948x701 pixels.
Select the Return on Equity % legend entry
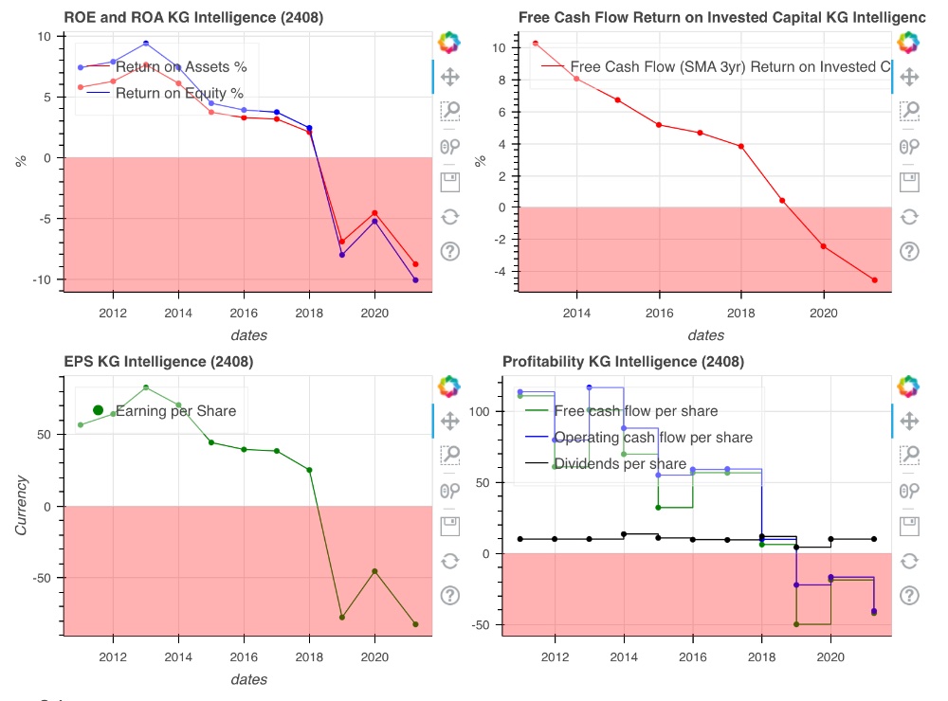click(x=179, y=93)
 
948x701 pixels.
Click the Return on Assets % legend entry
click(x=180, y=66)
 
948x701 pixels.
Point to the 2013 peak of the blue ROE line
click(x=146, y=43)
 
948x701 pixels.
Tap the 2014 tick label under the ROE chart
click(x=179, y=313)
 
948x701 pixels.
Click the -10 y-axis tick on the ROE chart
click(x=45, y=279)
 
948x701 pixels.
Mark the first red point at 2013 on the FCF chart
click(x=536, y=44)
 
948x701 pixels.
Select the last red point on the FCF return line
click(x=874, y=280)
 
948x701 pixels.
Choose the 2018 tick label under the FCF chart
click(x=741, y=313)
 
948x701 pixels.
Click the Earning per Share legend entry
click(x=175, y=410)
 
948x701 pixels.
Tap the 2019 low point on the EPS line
click(x=341, y=618)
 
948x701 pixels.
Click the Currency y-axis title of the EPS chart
click(x=21, y=506)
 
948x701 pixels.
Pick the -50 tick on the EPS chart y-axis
click(x=42, y=578)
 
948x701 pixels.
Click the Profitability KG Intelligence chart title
click(x=623, y=362)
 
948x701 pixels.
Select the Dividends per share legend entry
click(x=620, y=464)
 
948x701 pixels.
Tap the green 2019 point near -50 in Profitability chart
click(x=796, y=624)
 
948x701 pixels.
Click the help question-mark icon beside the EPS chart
click(x=450, y=595)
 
